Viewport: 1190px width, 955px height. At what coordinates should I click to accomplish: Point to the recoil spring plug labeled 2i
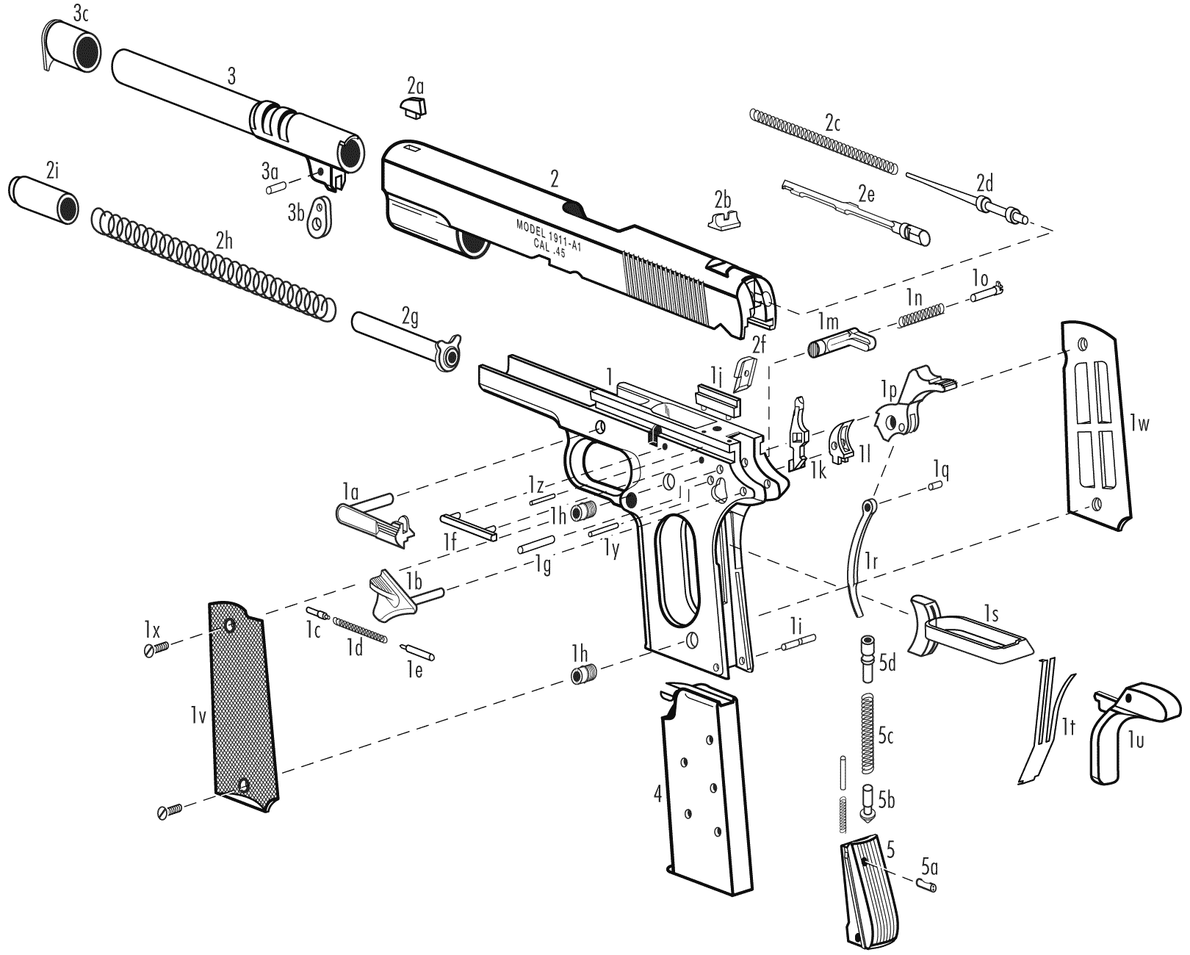tap(43, 200)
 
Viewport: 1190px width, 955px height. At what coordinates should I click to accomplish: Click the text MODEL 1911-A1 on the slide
tap(549, 234)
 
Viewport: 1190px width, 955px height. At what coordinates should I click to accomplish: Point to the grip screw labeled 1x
tap(156, 649)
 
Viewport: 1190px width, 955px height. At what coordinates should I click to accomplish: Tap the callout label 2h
tap(224, 241)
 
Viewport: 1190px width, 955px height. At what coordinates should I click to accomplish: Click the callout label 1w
tap(1139, 423)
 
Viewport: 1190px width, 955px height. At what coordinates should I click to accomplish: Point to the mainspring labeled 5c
tap(870, 733)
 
